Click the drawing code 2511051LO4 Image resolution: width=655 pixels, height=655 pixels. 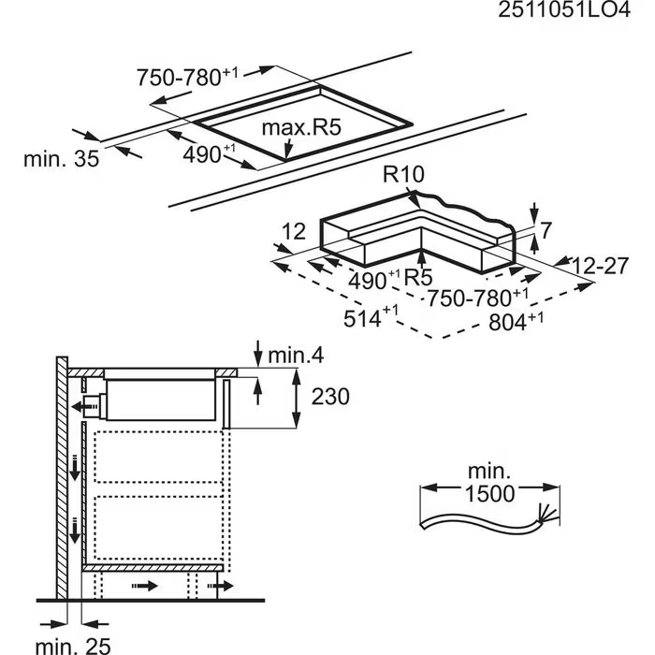coord(564,10)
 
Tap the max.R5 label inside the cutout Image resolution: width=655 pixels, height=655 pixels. coord(301,127)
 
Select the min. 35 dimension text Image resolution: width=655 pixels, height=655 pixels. coord(62,159)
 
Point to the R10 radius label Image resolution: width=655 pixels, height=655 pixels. coord(403,174)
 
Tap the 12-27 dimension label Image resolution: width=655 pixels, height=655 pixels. coord(600,266)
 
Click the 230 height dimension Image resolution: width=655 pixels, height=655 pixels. coord(330,397)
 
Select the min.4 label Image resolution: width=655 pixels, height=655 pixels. coord(296,356)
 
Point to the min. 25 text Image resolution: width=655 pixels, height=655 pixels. coord(74,646)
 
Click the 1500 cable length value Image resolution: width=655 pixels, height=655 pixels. coord(489,494)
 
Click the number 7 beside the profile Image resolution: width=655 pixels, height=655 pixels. coord(546,230)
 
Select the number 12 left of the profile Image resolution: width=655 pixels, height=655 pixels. coord(294,231)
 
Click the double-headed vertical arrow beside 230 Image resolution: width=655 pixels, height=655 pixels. coord(297,398)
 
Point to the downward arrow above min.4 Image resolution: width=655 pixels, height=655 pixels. coord(258,354)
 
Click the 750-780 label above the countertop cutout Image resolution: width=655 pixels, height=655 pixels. coord(187,78)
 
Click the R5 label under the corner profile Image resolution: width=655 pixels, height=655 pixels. coord(418,277)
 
